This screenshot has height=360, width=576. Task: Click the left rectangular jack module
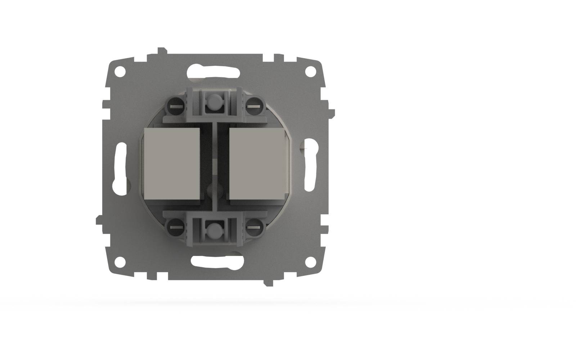[172, 164]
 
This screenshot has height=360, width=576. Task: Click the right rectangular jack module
[257, 164]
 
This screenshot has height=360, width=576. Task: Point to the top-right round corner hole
[310, 72]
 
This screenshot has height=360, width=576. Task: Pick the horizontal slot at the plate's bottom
[214, 262]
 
